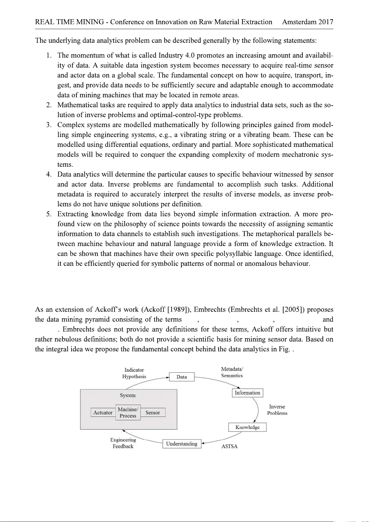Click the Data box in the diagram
tap(182, 377)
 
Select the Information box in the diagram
tap(247, 393)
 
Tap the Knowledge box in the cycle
tap(247, 427)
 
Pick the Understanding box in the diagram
tap(182, 444)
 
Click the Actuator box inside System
tap(103, 413)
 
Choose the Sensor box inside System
tap(153, 413)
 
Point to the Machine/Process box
tap(128, 413)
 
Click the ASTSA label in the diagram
tap(229, 446)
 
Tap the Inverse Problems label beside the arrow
tap(277, 410)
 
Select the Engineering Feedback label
tap(123, 443)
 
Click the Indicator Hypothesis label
tap(134, 373)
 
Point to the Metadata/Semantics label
tap(232, 372)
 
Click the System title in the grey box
tap(128, 395)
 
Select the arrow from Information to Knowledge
tap(258, 410)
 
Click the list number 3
tap(49, 125)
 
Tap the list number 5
tap(49, 214)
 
